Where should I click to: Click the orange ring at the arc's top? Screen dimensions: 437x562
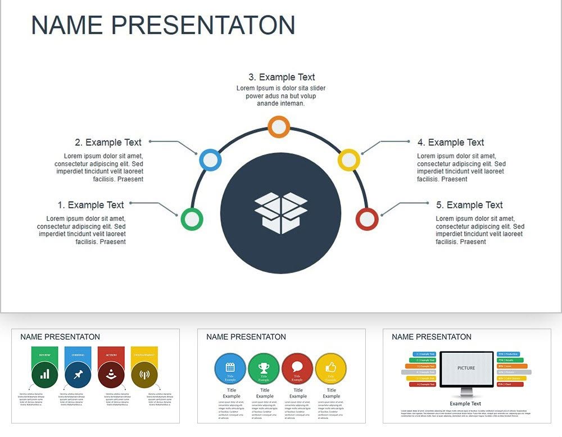pos(278,126)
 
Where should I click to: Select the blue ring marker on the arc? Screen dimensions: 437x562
pos(210,160)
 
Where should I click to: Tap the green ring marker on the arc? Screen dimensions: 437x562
pos(192,219)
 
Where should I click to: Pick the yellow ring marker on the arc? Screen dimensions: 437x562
pos(348,160)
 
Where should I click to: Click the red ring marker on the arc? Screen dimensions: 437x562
pos(367,219)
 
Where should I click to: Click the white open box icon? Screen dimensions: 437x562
pos(280,213)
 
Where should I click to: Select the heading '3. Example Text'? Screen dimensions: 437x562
pos(282,78)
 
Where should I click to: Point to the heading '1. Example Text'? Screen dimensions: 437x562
pos(90,205)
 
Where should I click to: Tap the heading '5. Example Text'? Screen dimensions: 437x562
pos(469,205)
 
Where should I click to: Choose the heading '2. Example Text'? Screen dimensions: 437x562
pos(108,143)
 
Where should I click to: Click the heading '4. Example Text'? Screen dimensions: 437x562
pos(451,143)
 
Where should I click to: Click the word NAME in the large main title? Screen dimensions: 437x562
pos(66,25)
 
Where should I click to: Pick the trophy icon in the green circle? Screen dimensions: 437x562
pos(264,367)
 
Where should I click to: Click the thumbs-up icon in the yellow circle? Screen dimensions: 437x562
pos(331,367)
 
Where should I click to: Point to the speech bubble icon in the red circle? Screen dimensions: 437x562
pos(297,367)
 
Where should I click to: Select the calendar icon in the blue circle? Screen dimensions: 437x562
pos(230,367)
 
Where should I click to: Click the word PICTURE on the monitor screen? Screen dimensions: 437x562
pos(466,368)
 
